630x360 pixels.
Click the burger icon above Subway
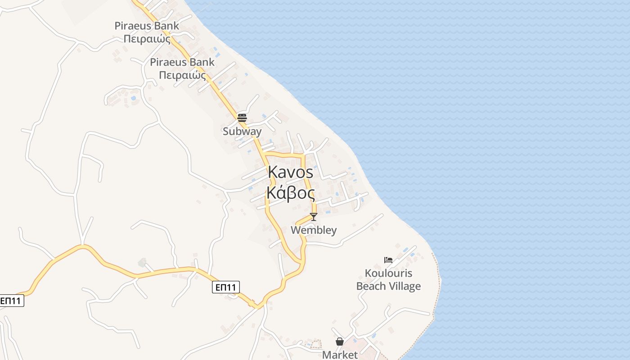242,118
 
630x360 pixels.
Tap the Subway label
242,131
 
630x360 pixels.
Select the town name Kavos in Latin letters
291,172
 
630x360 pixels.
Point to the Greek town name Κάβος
290,193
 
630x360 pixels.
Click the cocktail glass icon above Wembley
314,217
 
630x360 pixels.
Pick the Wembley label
314,230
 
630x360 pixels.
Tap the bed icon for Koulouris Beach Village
388,260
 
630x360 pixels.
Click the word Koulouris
388,273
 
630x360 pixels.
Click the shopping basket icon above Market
340,342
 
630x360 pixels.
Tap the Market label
340,355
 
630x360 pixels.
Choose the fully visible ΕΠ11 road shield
226,287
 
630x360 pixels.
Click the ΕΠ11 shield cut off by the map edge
11,301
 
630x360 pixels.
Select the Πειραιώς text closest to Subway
182,75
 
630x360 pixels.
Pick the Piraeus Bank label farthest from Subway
147,26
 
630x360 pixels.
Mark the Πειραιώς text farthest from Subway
147,39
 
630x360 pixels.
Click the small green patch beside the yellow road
142,262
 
